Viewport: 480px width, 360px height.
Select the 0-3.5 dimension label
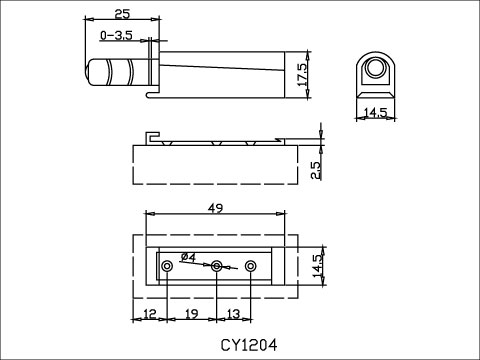coord(116,36)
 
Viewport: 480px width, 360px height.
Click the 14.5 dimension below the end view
coord(376,112)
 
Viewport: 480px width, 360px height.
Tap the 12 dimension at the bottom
coord(149,315)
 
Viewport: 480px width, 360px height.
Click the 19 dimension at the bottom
coord(191,315)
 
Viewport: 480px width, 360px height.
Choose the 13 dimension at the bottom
coord(232,315)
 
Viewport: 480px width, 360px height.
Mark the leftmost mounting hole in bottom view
coord(167,266)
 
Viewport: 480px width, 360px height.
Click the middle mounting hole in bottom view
coord(216,266)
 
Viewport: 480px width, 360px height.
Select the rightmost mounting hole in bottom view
coord(251,266)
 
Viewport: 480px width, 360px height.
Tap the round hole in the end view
coord(376,68)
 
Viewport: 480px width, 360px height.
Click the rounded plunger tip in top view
coord(96,73)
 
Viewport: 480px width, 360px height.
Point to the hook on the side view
coord(152,137)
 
